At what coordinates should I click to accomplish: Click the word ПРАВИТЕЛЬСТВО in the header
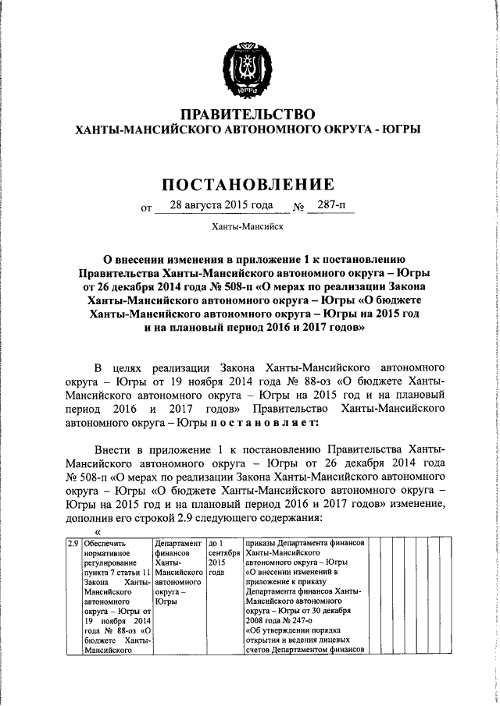248,115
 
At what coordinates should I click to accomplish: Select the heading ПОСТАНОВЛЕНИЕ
248,184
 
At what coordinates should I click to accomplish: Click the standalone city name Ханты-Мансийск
248,228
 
